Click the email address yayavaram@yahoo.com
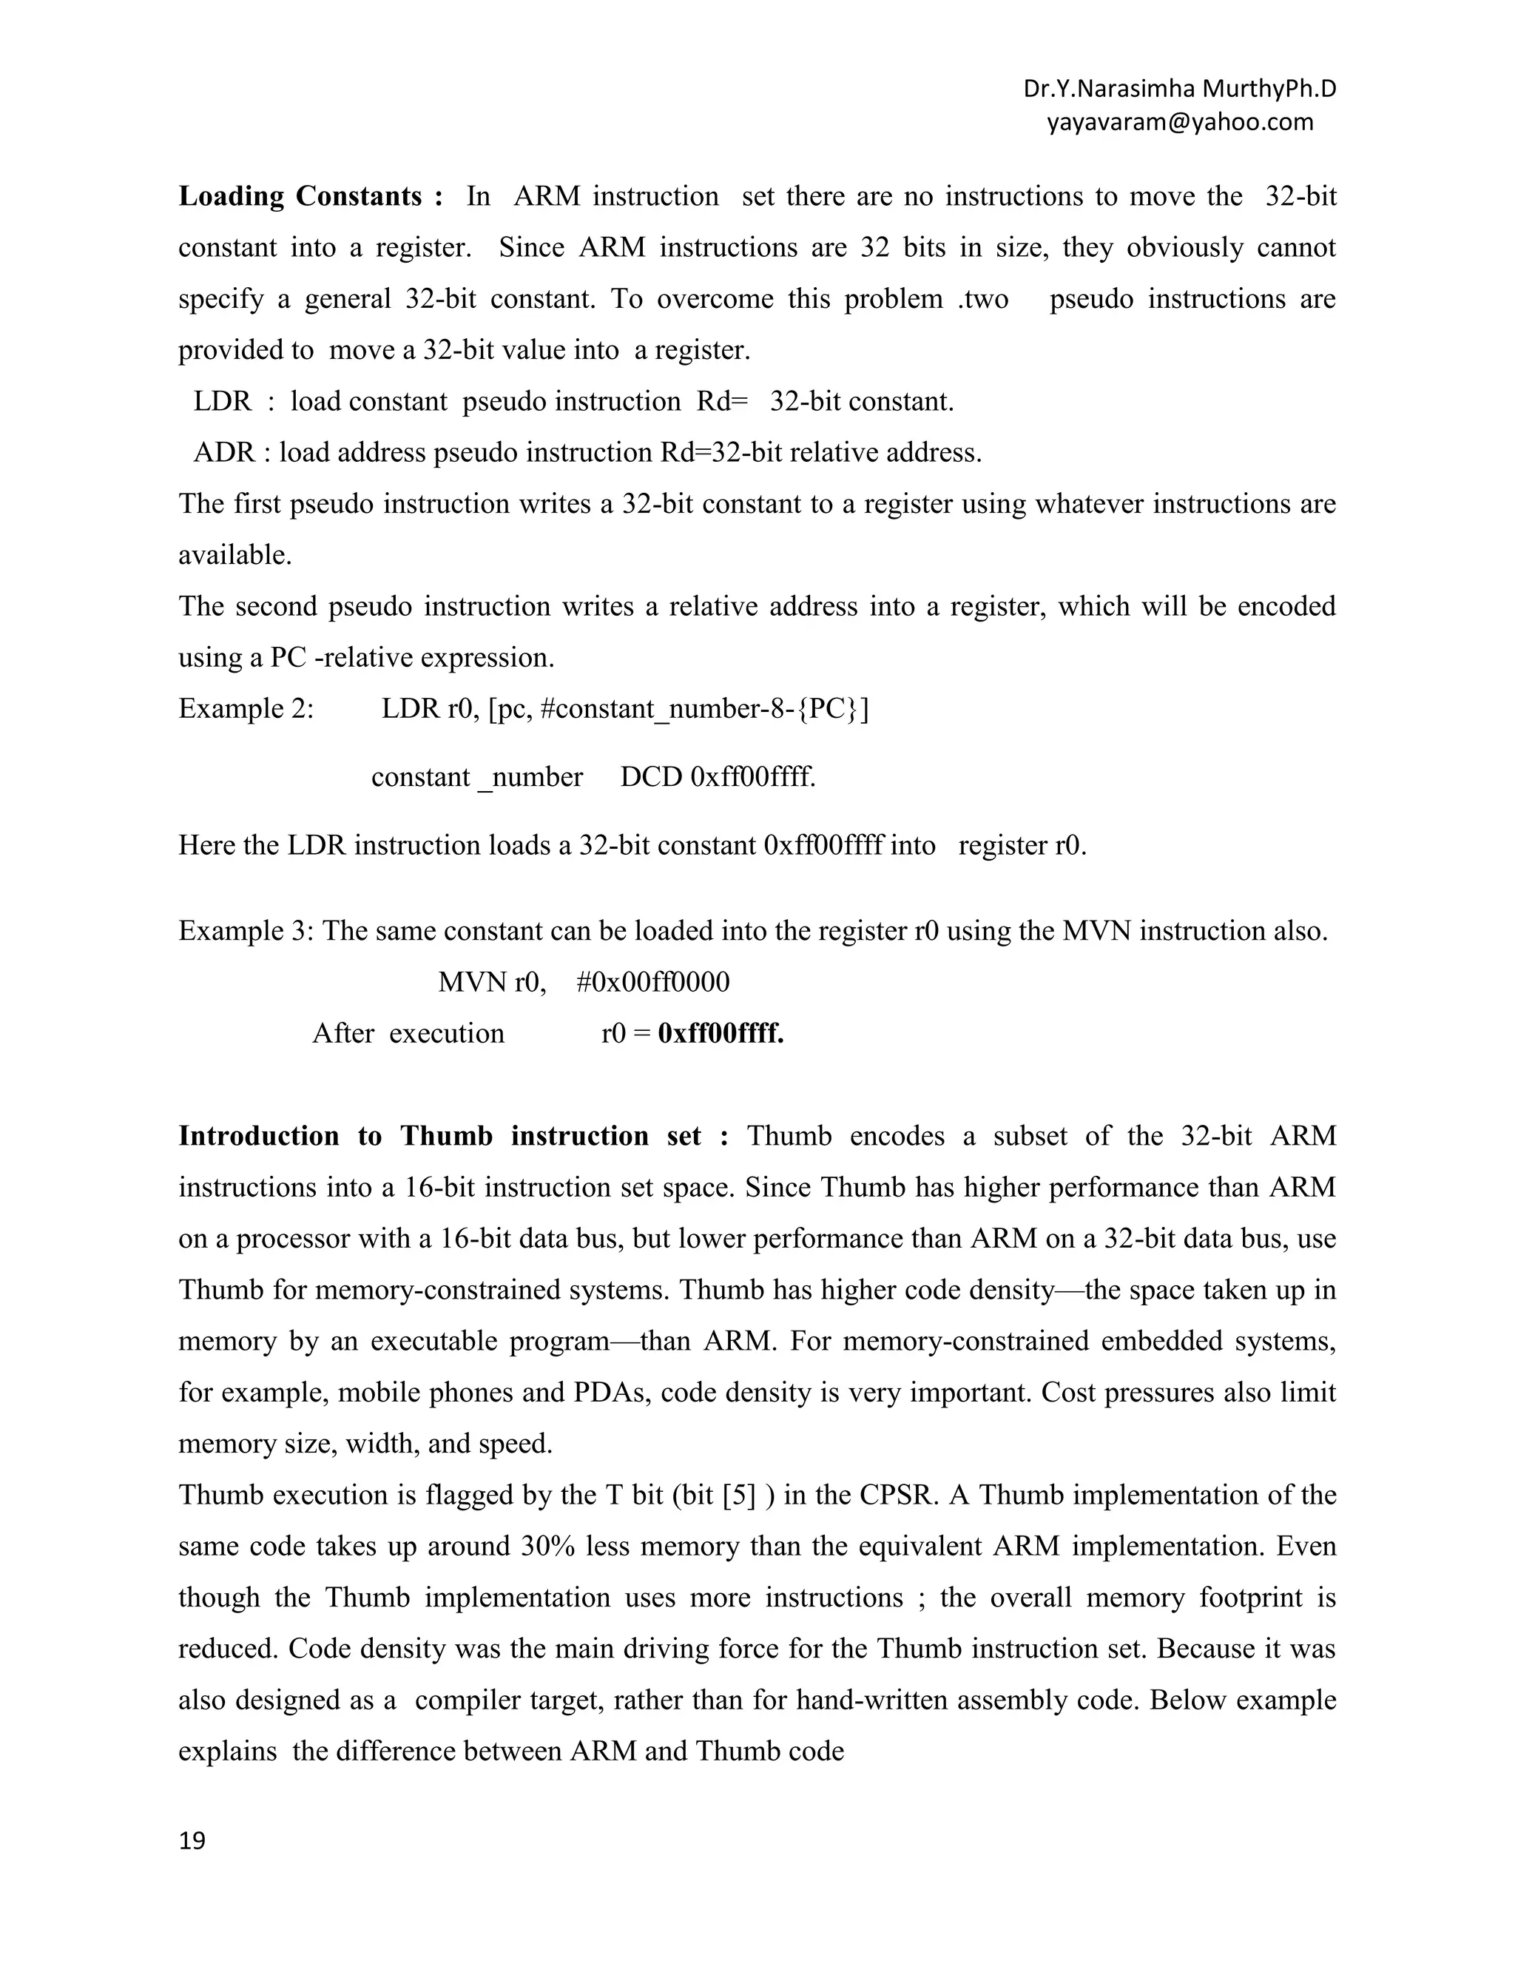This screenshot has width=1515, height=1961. pyautogui.click(x=1179, y=122)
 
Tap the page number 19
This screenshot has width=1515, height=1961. pyautogui.click(x=192, y=1840)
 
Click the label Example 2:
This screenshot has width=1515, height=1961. pyautogui.click(x=246, y=708)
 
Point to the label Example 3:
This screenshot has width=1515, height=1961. pyautogui.click(x=246, y=930)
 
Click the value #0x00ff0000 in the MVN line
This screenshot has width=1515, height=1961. pyautogui.click(x=652, y=981)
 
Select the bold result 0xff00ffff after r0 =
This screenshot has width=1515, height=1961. pyautogui.click(x=721, y=1034)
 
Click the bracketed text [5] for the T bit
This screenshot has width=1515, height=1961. pyautogui.click(x=739, y=1495)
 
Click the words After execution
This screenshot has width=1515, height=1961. pyautogui.click(x=408, y=1034)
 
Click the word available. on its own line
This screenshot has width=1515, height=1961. pyautogui.click(x=235, y=555)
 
